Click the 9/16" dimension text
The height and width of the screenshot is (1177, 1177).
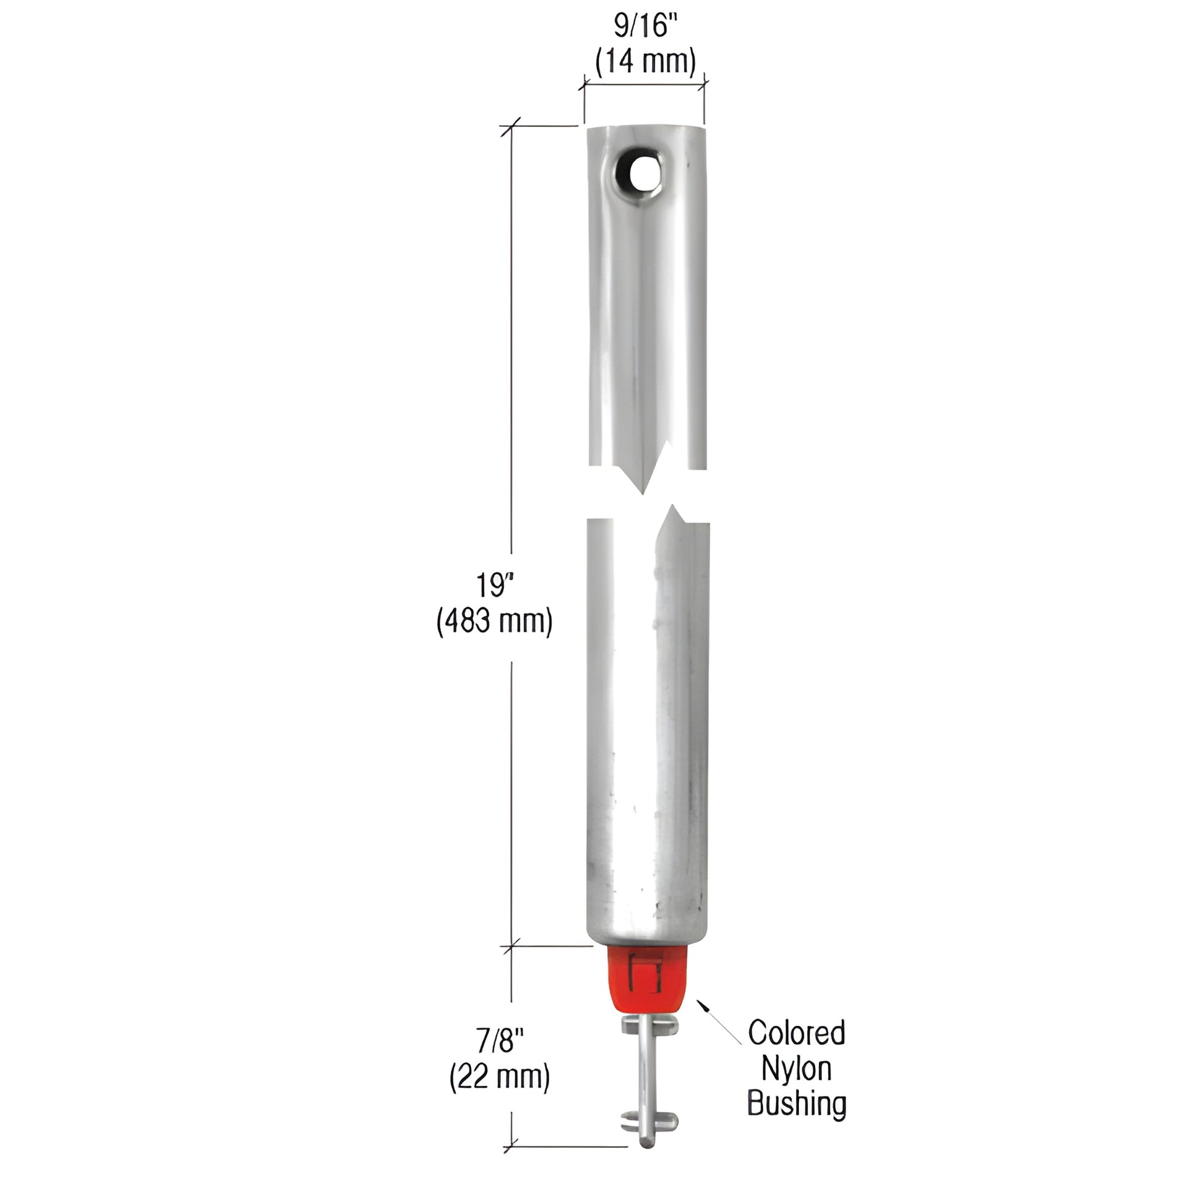click(645, 27)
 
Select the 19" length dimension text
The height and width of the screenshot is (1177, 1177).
click(492, 585)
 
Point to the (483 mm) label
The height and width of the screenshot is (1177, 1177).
click(494, 621)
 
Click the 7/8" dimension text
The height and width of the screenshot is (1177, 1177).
click(500, 1040)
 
